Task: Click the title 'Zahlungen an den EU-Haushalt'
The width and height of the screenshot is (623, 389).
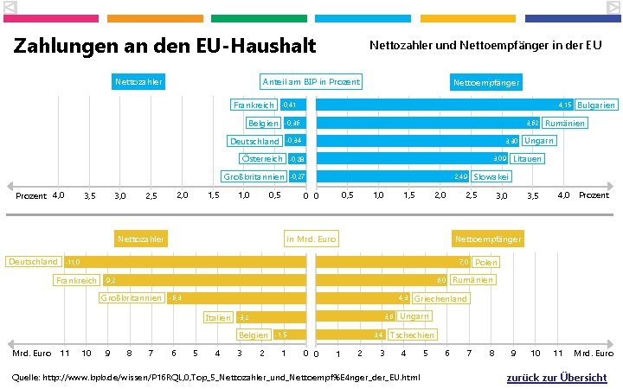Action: [x=164, y=46]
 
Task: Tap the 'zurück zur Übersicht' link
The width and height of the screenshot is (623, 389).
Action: [x=556, y=378]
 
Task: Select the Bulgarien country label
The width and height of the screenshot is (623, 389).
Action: [x=596, y=105]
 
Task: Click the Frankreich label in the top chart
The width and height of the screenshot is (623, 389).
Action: [x=254, y=105]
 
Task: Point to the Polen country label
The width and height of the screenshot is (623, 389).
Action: [x=486, y=262]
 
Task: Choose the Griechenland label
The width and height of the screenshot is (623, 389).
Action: [x=440, y=298]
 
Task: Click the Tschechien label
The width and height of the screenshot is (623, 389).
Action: [x=413, y=335]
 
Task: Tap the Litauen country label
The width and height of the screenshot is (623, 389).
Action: [x=526, y=159]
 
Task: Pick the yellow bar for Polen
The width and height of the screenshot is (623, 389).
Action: [x=394, y=262]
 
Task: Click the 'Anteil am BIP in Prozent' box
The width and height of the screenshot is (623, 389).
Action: [x=311, y=82]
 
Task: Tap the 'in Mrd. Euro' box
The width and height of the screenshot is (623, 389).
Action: [x=311, y=239]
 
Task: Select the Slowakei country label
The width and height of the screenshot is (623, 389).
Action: [x=491, y=177]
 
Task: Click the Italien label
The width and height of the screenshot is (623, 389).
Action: [x=217, y=317]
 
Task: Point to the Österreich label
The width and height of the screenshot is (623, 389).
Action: [x=262, y=159]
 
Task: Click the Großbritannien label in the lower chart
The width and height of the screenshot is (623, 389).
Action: [x=132, y=298]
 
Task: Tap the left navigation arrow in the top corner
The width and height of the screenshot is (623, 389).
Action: [x=10, y=7]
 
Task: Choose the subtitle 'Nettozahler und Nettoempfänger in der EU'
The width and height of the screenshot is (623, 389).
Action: [x=485, y=45]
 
